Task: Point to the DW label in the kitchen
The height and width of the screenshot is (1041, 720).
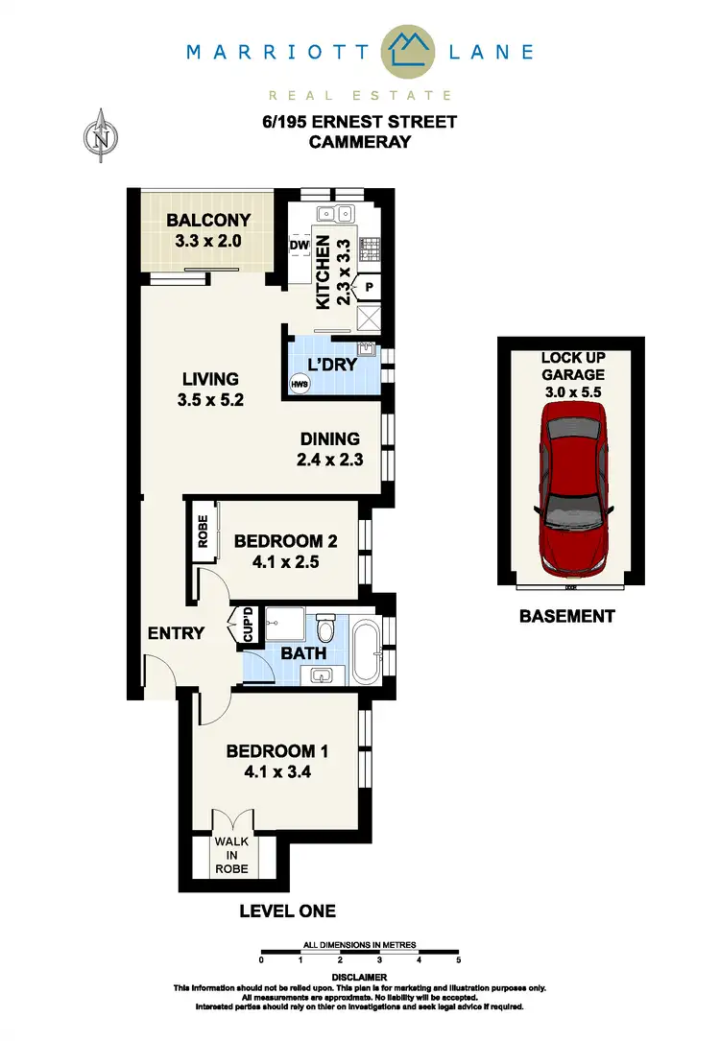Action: click(x=299, y=246)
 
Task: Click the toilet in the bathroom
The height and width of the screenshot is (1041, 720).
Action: click(x=327, y=628)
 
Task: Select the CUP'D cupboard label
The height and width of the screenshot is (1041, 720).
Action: click(x=247, y=626)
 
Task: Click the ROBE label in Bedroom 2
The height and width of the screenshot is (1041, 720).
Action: click(x=203, y=531)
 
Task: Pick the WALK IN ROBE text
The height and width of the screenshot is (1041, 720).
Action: click(x=231, y=856)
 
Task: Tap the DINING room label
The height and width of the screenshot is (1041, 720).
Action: click(x=328, y=439)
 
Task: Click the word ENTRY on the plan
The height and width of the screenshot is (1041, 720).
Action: click(x=176, y=633)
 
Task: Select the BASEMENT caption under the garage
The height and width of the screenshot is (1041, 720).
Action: click(x=566, y=616)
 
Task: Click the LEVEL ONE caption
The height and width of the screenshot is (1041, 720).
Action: click(x=287, y=911)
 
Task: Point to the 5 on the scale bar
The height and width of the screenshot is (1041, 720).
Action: click(x=459, y=960)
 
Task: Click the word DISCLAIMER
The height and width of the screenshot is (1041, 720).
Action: click(x=360, y=977)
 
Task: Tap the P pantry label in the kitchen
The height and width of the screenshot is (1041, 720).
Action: click(x=369, y=285)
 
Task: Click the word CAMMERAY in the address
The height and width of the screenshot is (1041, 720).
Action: click(x=360, y=142)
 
